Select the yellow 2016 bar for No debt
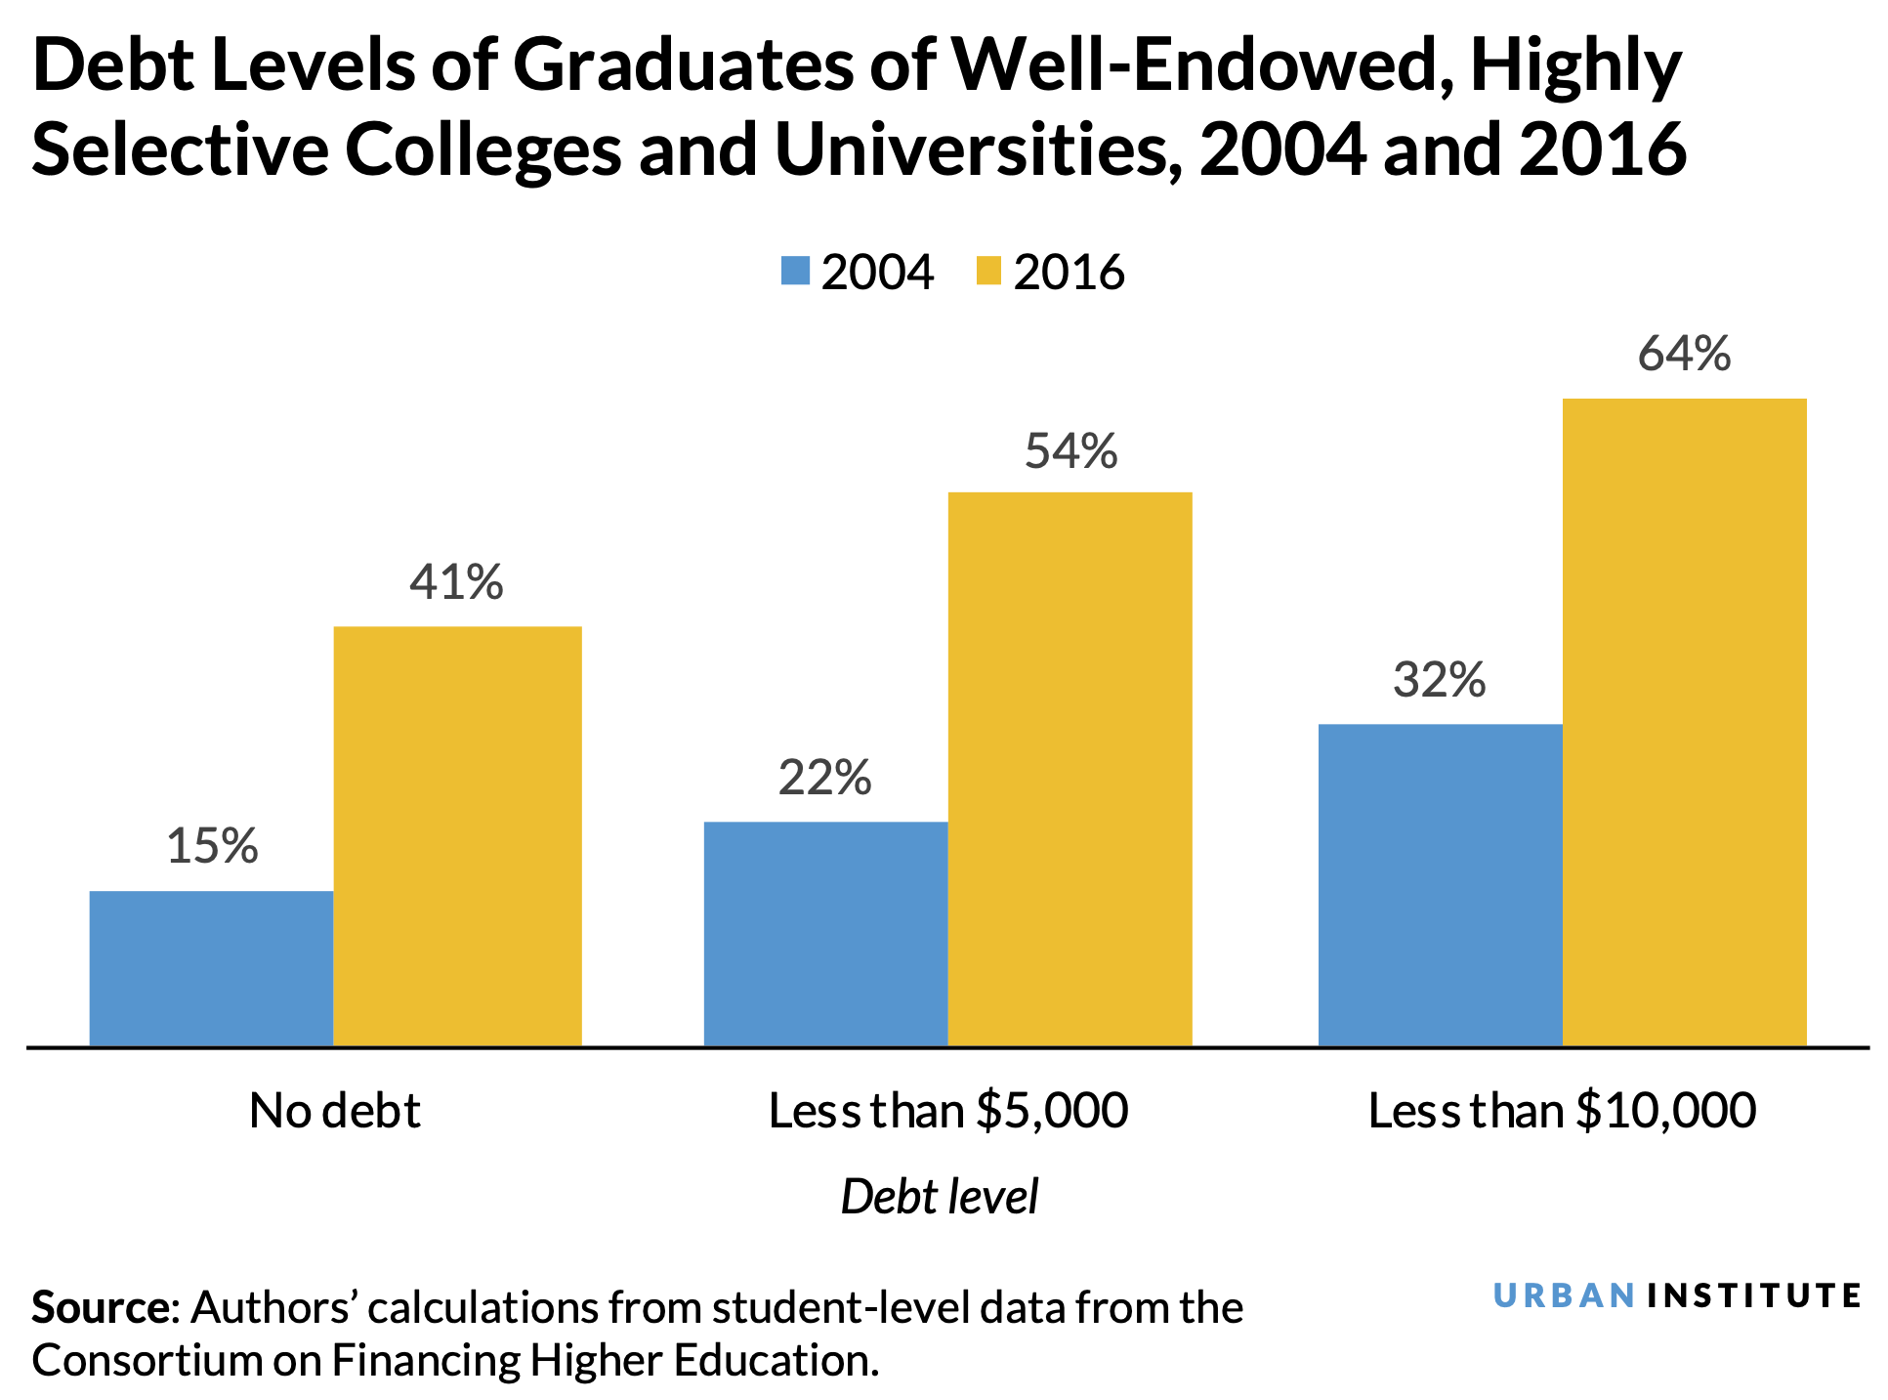pyautogui.click(x=457, y=835)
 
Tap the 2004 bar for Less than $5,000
pyautogui.click(x=825, y=933)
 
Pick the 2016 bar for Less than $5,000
pyautogui.click(x=1070, y=769)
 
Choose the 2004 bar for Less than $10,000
pyautogui.click(x=1440, y=884)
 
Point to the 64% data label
pyautogui.click(x=1684, y=354)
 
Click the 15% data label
pyautogui.click(x=212, y=846)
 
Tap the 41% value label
pyautogui.click(x=456, y=582)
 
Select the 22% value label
pyautogui.click(x=824, y=779)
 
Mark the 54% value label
pyautogui.click(x=1070, y=451)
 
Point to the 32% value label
pyautogui.click(x=1439, y=680)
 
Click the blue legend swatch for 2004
pyautogui.click(x=795, y=271)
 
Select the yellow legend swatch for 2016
pyautogui.click(x=988, y=271)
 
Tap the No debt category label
pyautogui.click(x=334, y=1111)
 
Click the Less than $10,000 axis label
pyautogui.click(x=1562, y=1111)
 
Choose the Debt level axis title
pyautogui.click(x=939, y=1197)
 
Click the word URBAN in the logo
pyautogui.click(x=1564, y=1295)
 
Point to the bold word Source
pyautogui.click(x=101, y=1307)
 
